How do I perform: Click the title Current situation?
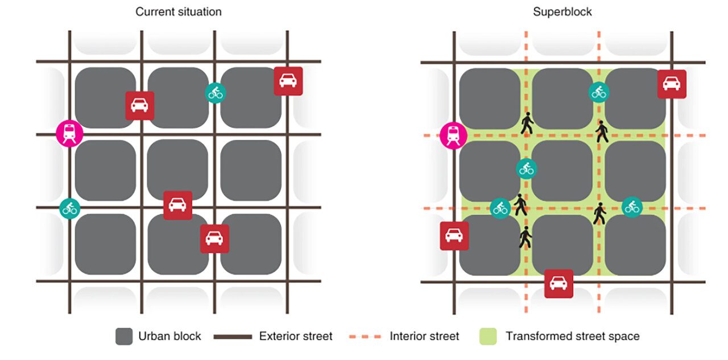(178, 11)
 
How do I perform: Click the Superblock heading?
(562, 11)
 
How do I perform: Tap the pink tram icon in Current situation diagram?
(70, 134)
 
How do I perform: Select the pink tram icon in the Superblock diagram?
(453, 135)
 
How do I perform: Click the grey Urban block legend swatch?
(124, 336)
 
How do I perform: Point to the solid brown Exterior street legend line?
(233, 337)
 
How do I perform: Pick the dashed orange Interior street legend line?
(362, 337)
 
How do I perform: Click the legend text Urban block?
(169, 336)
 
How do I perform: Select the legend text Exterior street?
(296, 336)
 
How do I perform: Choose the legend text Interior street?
(424, 336)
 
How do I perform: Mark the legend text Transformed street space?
(572, 336)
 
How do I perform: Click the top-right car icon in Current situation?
(288, 81)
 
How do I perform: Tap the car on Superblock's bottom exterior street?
(559, 283)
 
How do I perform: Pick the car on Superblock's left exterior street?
(454, 235)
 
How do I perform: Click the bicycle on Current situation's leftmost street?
(70, 208)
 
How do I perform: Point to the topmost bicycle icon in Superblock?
(599, 92)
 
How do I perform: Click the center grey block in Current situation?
(177, 170)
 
